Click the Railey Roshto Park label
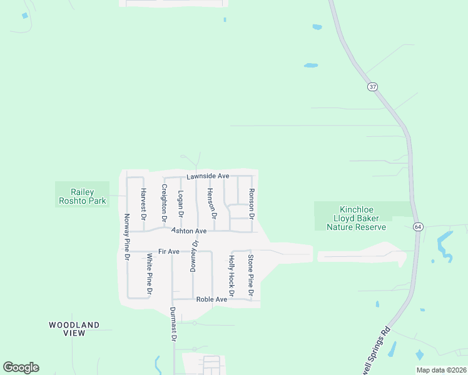click(82, 196)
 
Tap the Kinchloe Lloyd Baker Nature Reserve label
click(357, 218)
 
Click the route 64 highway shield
click(417, 226)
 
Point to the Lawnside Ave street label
click(207, 176)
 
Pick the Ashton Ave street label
click(189, 231)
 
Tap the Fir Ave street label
click(169, 251)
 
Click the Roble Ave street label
click(211, 299)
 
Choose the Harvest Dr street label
click(143, 204)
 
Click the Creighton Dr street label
click(164, 204)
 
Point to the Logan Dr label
click(180, 204)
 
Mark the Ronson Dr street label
click(252, 204)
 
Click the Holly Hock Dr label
click(231, 276)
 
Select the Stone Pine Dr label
click(250, 275)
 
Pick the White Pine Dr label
click(149, 274)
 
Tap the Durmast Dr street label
click(173, 324)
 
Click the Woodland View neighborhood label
click(74, 329)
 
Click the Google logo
click(21, 367)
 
